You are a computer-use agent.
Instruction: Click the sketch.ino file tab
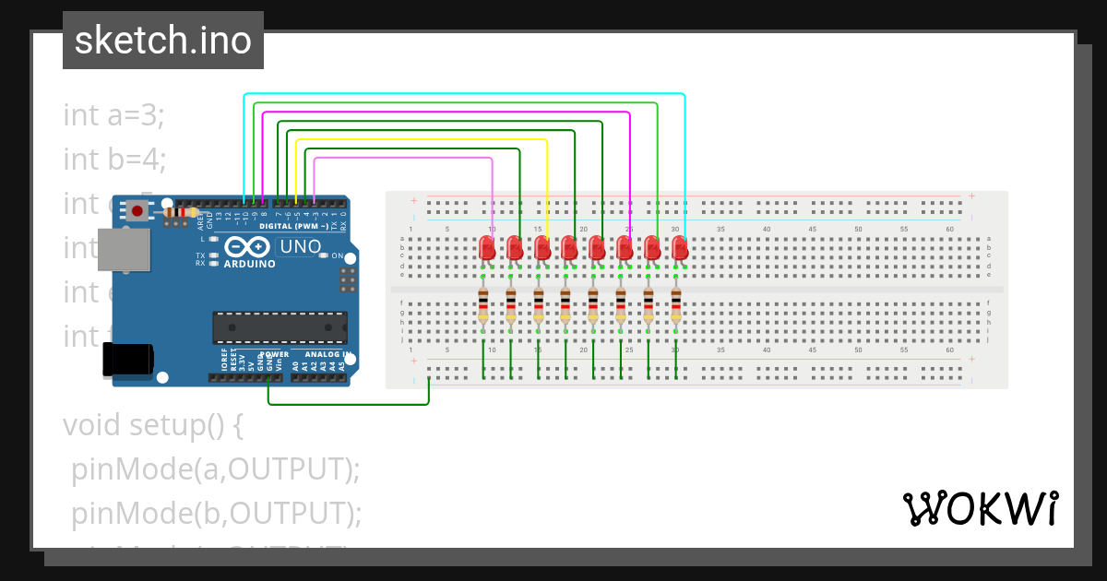(x=163, y=41)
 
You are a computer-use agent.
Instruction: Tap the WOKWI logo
(x=981, y=508)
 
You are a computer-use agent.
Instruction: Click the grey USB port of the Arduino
(x=123, y=250)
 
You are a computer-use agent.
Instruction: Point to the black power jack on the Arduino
(x=127, y=359)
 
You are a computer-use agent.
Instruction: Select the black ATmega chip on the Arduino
(x=280, y=327)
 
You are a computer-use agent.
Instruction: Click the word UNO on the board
(x=300, y=247)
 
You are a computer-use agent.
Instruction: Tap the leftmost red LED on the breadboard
(x=487, y=247)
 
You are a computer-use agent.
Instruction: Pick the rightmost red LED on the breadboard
(x=680, y=247)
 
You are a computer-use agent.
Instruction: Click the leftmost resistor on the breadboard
(x=482, y=305)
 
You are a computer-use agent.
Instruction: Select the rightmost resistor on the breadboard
(x=676, y=305)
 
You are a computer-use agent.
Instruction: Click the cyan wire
(x=461, y=94)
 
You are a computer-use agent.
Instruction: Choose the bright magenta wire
(x=443, y=113)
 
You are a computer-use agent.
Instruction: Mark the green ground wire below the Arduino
(x=351, y=404)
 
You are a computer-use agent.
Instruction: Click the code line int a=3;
(x=113, y=115)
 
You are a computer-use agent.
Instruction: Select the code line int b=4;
(x=114, y=160)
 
